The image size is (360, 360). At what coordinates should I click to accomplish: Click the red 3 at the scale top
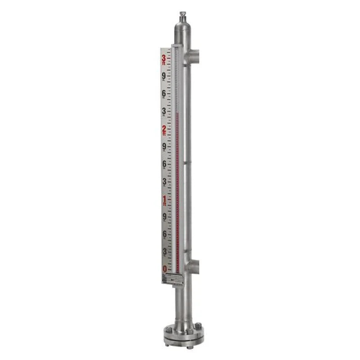pyautogui.click(x=164, y=58)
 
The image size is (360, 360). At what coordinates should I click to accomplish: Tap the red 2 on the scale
pyautogui.click(x=164, y=130)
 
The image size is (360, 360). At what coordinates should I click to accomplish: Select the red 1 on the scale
pyautogui.click(x=164, y=199)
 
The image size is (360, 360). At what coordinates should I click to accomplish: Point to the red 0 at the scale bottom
pyautogui.click(x=165, y=269)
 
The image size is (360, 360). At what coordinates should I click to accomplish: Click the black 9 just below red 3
pyautogui.click(x=164, y=76)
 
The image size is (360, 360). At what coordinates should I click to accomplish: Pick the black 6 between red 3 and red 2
pyautogui.click(x=164, y=94)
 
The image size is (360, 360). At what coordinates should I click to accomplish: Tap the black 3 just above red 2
pyautogui.click(x=164, y=111)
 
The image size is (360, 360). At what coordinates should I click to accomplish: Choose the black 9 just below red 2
pyautogui.click(x=164, y=147)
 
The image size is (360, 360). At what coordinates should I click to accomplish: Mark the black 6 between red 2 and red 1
pyautogui.click(x=164, y=164)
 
